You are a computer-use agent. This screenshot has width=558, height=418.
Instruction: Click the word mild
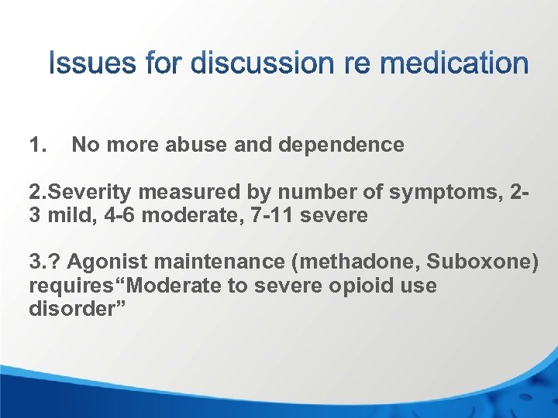[x=69, y=215]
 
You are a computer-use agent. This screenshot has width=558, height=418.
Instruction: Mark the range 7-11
[x=267, y=215]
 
